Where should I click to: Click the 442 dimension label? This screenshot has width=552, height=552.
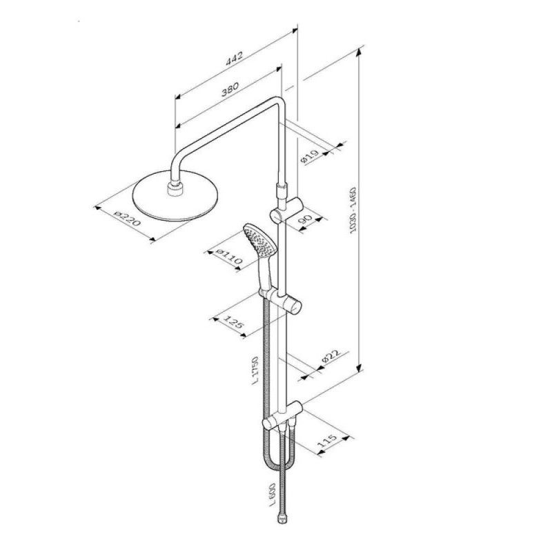[x=235, y=59]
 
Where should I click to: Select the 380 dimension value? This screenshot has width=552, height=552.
[x=230, y=89]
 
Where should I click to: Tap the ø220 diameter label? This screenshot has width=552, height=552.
[x=128, y=218]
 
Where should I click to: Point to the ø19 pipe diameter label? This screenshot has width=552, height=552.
[x=310, y=157]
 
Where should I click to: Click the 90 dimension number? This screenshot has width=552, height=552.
[x=305, y=219]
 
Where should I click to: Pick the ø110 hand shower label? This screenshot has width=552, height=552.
[x=229, y=257]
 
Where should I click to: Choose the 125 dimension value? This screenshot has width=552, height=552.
[x=234, y=322]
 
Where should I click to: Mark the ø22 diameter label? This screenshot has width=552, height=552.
[x=331, y=357]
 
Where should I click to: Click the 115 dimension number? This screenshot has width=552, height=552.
[x=327, y=441]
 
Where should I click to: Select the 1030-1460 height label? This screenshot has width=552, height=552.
[x=353, y=210]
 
